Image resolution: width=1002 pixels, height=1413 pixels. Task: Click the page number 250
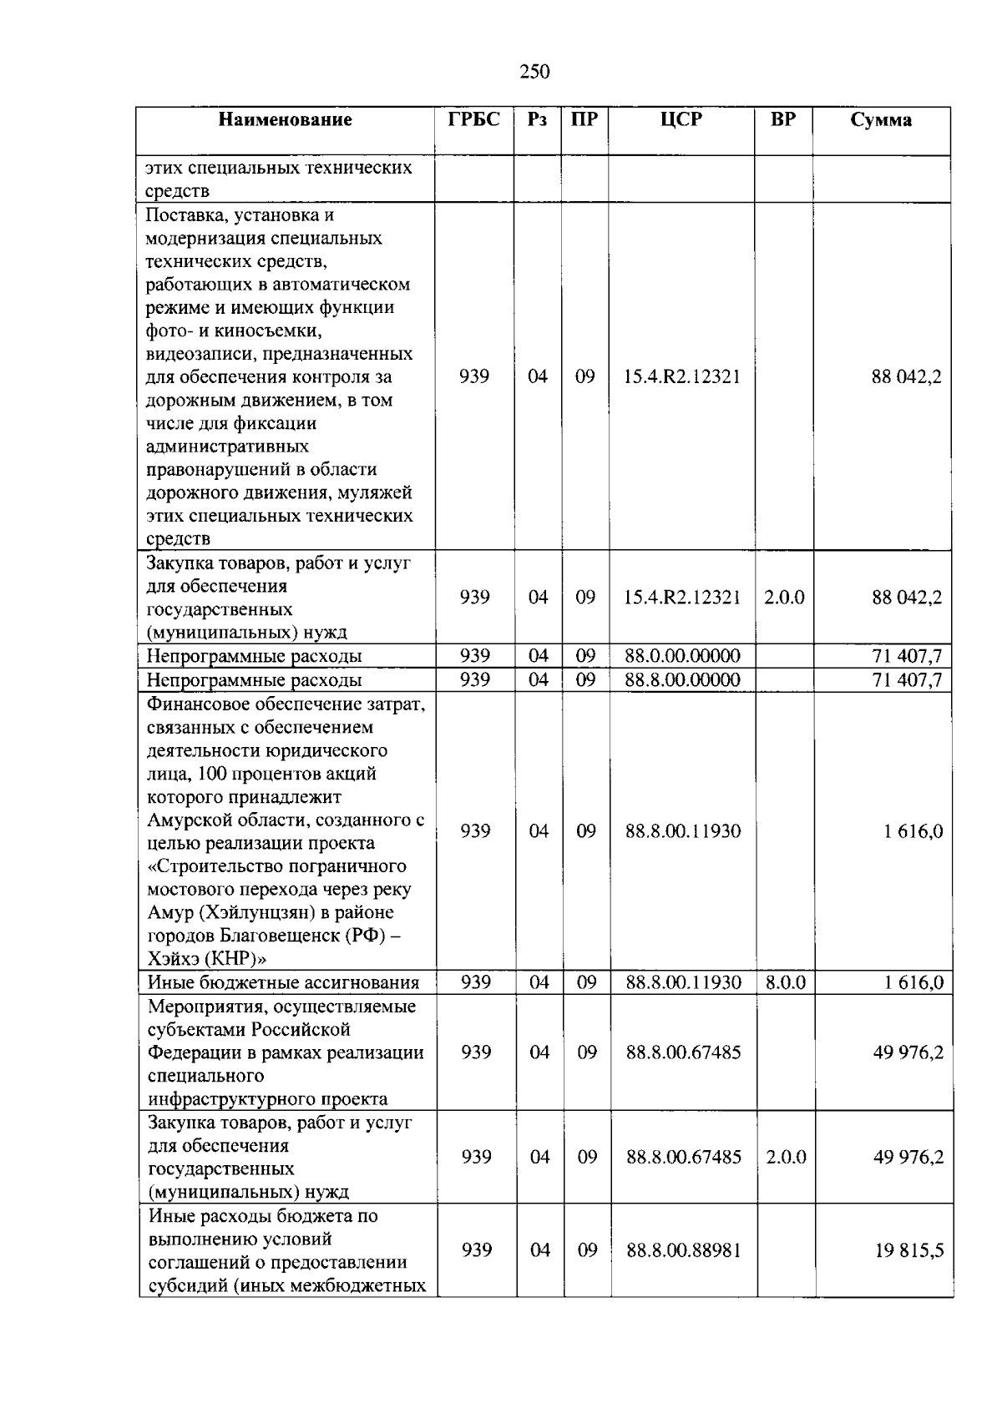pyautogui.click(x=534, y=72)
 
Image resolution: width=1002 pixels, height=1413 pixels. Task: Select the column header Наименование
pyautogui.click(x=285, y=120)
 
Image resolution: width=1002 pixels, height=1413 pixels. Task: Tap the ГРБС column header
pyautogui.click(x=473, y=120)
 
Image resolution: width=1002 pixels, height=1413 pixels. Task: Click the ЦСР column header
pyautogui.click(x=681, y=120)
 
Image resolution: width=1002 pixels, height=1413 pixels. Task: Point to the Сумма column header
pyautogui.click(x=881, y=120)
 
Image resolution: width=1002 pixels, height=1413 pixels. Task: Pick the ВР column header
pyautogui.click(x=783, y=120)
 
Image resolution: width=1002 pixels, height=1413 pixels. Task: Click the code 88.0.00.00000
pyautogui.click(x=682, y=656)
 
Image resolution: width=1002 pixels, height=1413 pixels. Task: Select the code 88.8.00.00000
pyautogui.click(x=682, y=680)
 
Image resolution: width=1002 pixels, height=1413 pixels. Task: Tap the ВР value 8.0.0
pyautogui.click(x=786, y=983)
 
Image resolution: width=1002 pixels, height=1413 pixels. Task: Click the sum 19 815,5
pyautogui.click(x=908, y=1250)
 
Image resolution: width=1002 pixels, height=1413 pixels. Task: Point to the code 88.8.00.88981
pyautogui.click(x=684, y=1250)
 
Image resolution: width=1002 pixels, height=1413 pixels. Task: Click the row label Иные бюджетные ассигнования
pyautogui.click(x=283, y=983)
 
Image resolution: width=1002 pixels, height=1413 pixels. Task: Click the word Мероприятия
pyautogui.click(x=200, y=1007)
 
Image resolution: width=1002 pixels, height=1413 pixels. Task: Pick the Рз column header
pyautogui.click(x=538, y=120)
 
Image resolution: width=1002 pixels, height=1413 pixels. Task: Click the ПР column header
pyautogui.click(x=584, y=120)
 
